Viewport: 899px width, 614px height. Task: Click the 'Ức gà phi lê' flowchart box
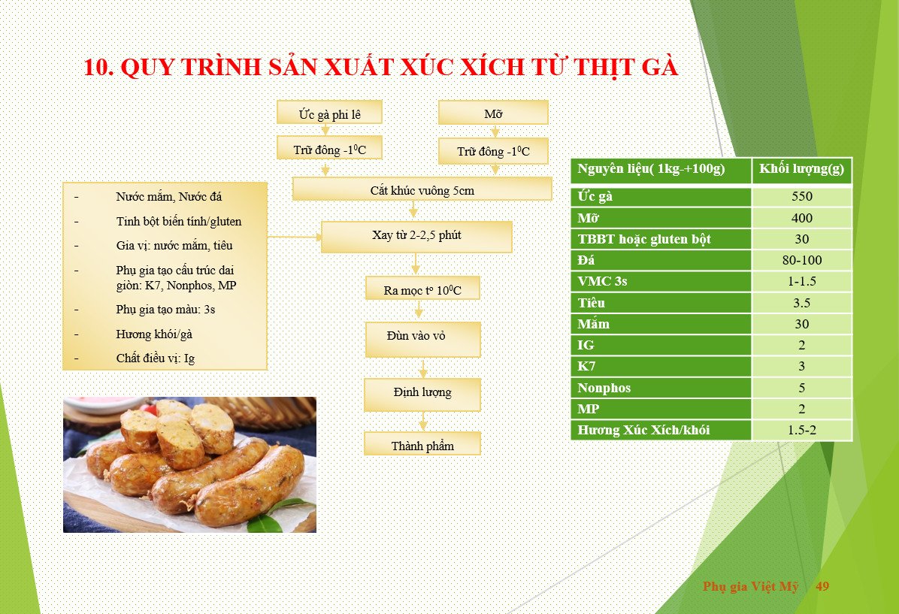coord(330,113)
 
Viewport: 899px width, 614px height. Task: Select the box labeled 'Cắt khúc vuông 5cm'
coord(422,189)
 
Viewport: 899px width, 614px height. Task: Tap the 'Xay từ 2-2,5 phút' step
coord(416,237)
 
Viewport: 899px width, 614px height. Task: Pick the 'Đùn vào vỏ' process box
coord(423,340)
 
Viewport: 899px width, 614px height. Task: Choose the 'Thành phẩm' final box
coord(422,443)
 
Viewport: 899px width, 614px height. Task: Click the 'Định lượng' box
coord(422,395)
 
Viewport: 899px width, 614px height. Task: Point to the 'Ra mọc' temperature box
coord(422,288)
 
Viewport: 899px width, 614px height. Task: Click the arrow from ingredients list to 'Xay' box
coord(294,237)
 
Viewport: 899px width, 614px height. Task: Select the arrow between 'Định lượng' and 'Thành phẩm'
coord(423,422)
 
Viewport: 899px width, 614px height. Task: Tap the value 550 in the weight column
coord(801,197)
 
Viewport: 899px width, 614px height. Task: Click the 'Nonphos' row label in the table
coord(604,388)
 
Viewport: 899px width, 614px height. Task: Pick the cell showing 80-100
coord(802,260)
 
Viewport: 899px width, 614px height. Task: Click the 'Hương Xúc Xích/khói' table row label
coord(643,430)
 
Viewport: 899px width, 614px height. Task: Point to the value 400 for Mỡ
coord(801,218)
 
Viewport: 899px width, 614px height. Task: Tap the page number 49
coord(822,586)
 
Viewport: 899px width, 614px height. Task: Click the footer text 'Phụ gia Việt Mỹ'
coord(750,586)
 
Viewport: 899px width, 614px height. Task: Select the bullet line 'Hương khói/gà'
coord(153,334)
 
